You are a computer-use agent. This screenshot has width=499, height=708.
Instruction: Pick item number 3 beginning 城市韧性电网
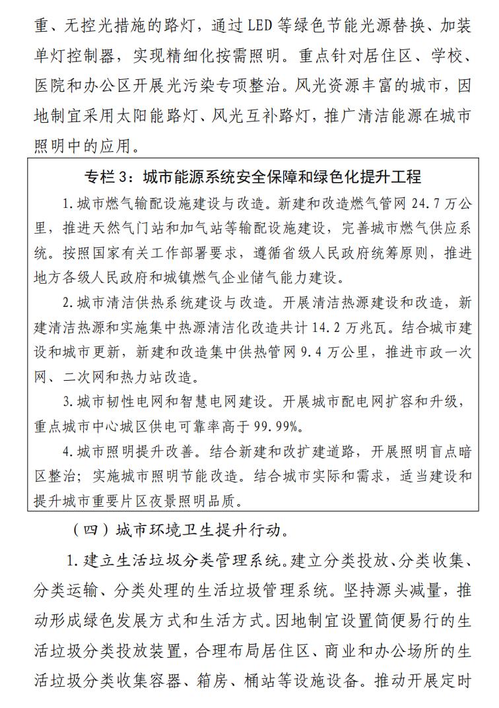point(67,401)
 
